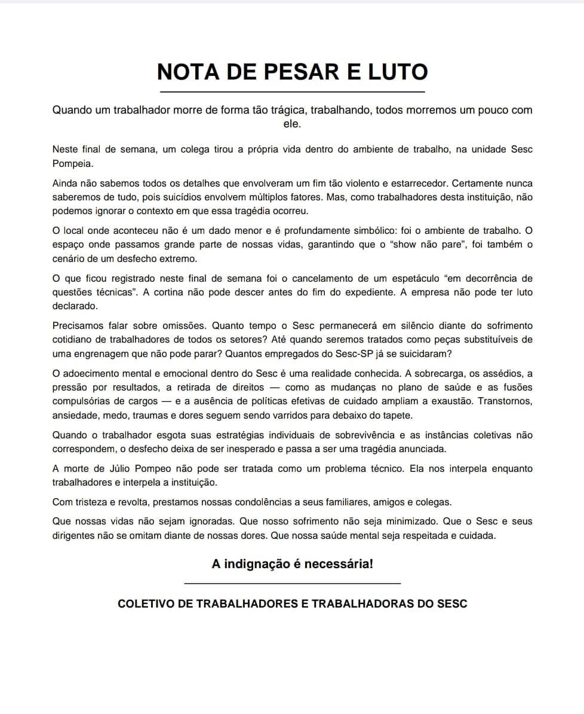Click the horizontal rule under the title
[x=293, y=92]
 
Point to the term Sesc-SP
[x=353, y=353]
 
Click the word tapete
[x=398, y=415]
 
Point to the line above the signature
[x=293, y=583]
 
